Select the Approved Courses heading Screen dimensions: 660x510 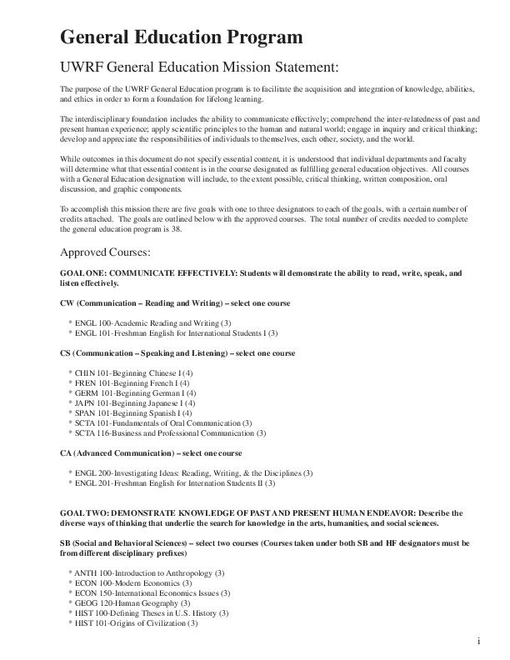(x=105, y=252)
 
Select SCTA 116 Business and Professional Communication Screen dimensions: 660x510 (x=170, y=433)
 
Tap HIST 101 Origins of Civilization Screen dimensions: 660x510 (x=136, y=623)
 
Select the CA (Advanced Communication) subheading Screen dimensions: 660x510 (x=151, y=453)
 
